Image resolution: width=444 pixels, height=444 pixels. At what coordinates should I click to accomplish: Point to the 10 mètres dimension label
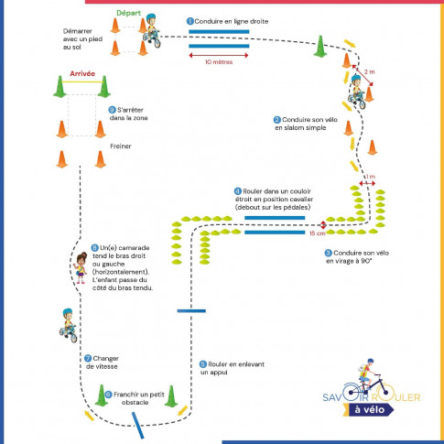220,62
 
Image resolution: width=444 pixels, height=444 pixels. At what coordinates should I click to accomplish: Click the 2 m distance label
370,71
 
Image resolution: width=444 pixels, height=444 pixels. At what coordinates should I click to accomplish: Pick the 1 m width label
369,177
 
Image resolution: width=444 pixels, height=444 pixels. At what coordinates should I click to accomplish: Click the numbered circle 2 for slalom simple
277,119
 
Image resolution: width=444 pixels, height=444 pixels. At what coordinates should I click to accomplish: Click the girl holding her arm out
78,267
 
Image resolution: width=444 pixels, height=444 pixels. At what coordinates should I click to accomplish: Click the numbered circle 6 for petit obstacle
108,394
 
